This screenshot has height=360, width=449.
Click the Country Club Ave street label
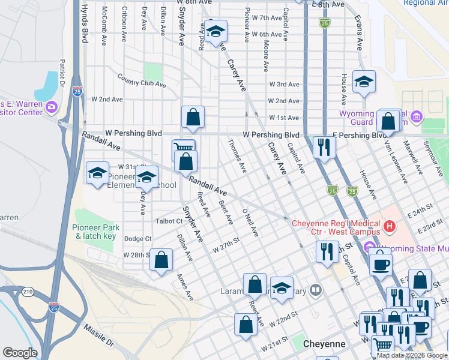pos(142,81)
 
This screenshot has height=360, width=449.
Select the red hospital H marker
pos(390,227)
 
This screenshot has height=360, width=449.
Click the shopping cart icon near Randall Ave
pos(183,148)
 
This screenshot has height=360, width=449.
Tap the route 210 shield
pos(28,292)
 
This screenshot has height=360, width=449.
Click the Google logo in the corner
pos(20,353)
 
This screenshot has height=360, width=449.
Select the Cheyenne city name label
pos(324,344)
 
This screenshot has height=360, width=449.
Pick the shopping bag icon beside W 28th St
pos(161,260)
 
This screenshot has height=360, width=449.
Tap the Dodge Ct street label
pos(137,239)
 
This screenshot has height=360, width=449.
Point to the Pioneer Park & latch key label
pos(96,232)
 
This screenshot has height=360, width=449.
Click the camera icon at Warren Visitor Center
pos(51,107)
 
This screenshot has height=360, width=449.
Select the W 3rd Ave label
pos(284,85)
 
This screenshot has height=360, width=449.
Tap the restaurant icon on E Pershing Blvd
pos(324,148)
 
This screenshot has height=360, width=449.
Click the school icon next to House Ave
pos(364,82)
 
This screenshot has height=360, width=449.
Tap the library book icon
pos(316,290)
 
